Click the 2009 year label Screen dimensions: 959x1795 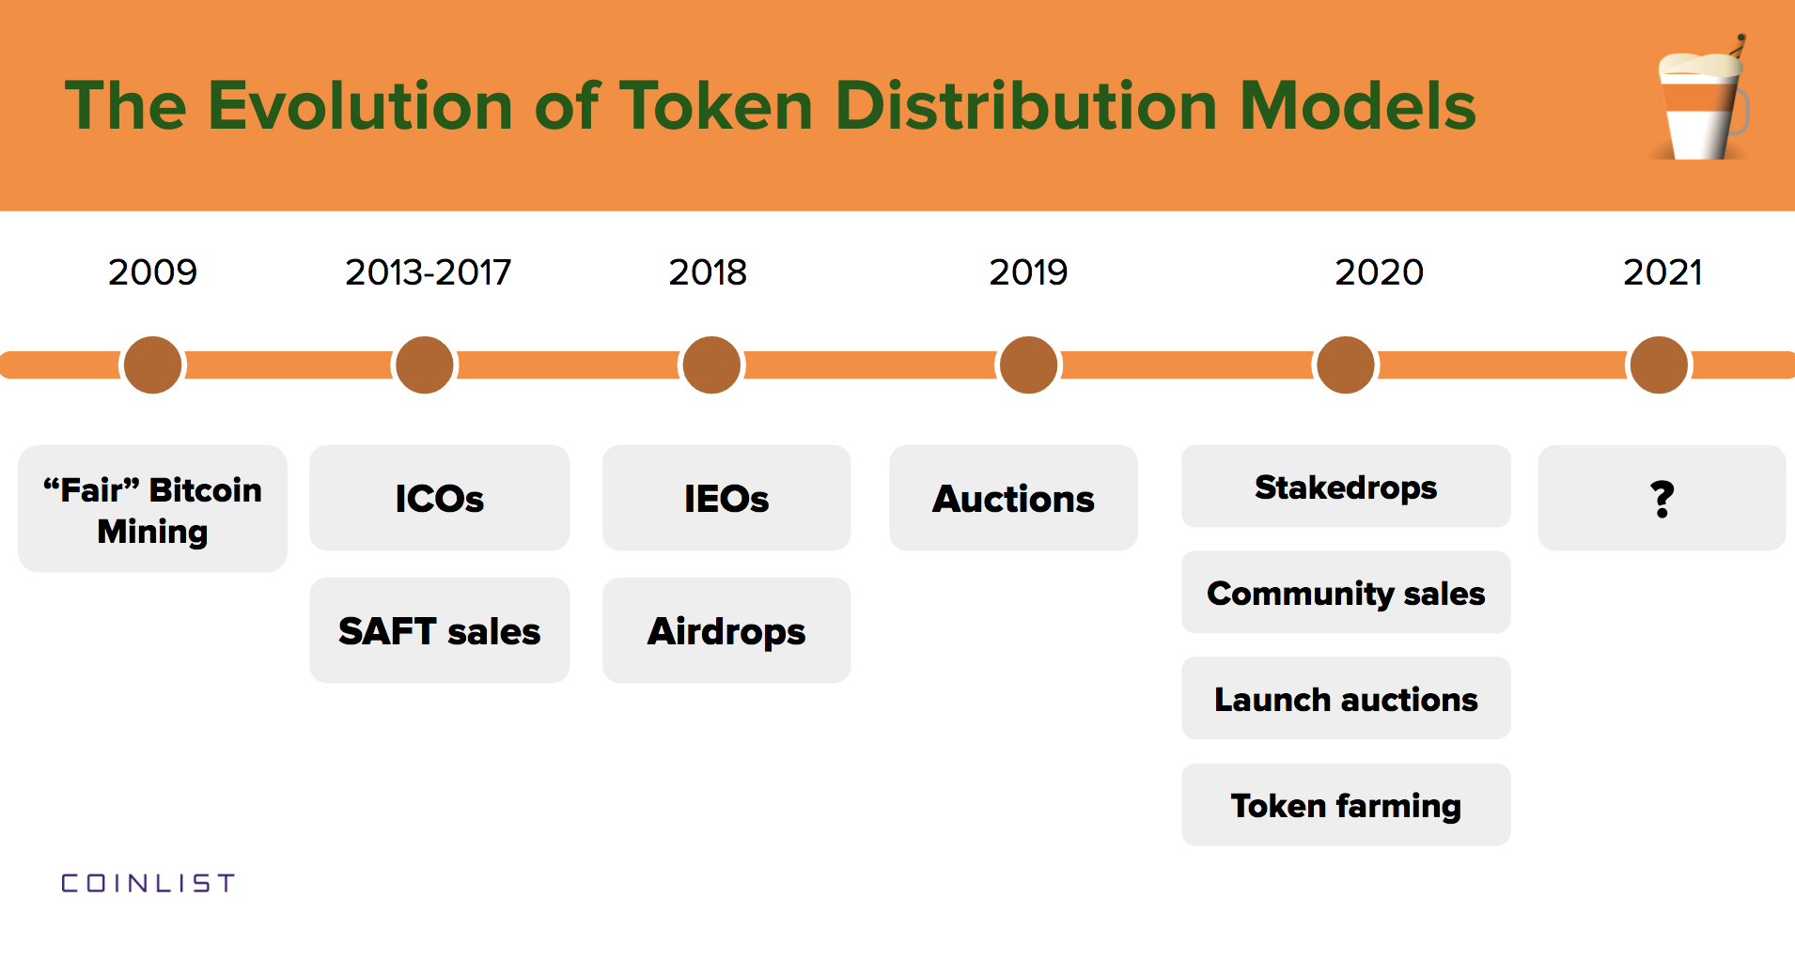[152, 272]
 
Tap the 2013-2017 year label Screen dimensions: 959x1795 [428, 272]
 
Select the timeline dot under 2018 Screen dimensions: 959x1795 [711, 364]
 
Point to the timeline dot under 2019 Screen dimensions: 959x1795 [1028, 364]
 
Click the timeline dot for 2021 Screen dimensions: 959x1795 [1659, 364]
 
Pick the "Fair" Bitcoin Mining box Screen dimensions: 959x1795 [152, 509]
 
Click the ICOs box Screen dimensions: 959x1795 [439, 498]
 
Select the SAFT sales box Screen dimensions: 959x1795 [439, 630]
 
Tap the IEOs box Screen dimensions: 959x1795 [726, 498]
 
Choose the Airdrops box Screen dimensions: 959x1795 [726, 630]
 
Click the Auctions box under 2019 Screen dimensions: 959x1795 [1013, 498]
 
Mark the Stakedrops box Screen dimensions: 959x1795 [1346, 487]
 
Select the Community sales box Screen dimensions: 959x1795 [1346, 593]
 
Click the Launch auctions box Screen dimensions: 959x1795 [1346, 699]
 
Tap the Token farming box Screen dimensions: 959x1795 [1346, 805]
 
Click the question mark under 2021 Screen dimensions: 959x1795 [1662, 499]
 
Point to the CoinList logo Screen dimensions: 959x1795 [148, 883]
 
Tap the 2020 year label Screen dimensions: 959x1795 [1379, 272]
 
